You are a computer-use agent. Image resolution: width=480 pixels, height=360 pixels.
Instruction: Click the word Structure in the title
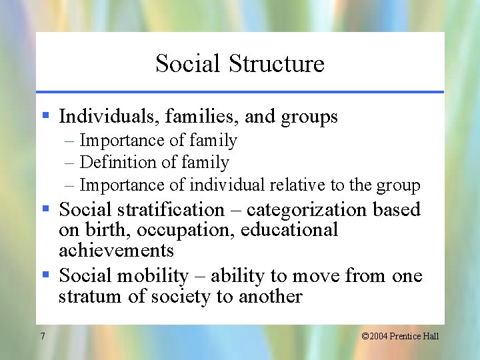pyautogui.click(x=276, y=64)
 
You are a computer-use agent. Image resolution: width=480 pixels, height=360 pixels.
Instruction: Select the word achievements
pyautogui.click(x=116, y=251)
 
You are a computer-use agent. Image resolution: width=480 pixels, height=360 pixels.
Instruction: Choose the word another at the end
pyautogui.click(x=268, y=296)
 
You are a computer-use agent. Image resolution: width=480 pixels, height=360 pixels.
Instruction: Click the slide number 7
pyautogui.click(x=42, y=336)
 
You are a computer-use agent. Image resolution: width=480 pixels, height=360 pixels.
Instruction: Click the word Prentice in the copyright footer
pyautogui.click(x=407, y=336)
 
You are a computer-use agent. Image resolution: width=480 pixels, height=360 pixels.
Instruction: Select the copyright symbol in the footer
pyautogui.click(x=365, y=336)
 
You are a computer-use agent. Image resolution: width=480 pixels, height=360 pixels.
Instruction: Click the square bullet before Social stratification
pyautogui.click(x=46, y=209)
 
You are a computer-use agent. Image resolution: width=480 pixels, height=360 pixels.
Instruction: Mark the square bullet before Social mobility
pyautogui.click(x=46, y=275)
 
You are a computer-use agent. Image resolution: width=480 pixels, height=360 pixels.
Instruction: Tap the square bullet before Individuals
pyautogui.click(x=46, y=117)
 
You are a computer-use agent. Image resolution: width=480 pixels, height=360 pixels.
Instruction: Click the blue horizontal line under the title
pyautogui.click(x=240, y=91)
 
